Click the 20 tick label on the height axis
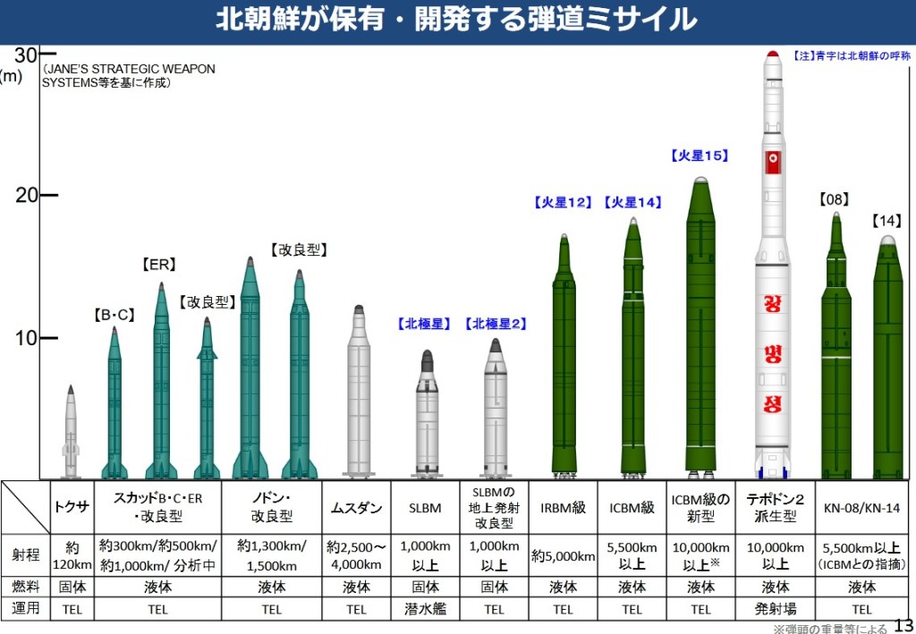click(x=27, y=195)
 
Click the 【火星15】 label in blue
click(x=700, y=156)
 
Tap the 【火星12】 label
click(x=564, y=203)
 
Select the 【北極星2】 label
click(x=496, y=324)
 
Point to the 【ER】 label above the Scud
click(x=159, y=265)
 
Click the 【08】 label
click(x=835, y=199)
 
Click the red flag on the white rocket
click(x=773, y=162)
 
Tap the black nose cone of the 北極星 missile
click(x=428, y=359)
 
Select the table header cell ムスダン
click(x=357, y=508)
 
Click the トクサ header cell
click(x=72, y=507)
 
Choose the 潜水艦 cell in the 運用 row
click(x=427, y=610)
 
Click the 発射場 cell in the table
click(x=770, y=610)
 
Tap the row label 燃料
click(x=26, y=588)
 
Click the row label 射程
click(x=26, y=555)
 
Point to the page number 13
click(x=903, y=625)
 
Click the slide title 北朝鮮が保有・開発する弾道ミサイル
click(x=456, y=20)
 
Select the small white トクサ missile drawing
click(x=71, y=434)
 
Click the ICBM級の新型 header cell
click(x=701, y=508)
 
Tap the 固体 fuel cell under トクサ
click(x=72, y=588)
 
